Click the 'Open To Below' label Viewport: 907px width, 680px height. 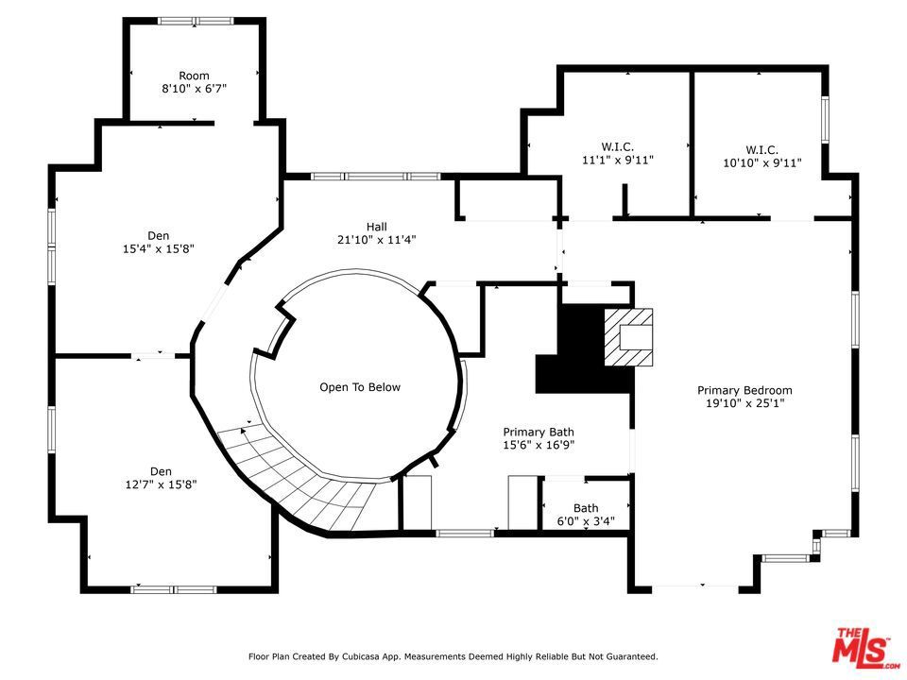(360, 387)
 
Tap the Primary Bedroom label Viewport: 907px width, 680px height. (744, 390)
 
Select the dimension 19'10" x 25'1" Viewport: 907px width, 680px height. (744, 403)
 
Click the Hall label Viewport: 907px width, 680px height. (377, 227)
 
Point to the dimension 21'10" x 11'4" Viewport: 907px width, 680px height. (377, 240)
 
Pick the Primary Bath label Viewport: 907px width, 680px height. (539, 432)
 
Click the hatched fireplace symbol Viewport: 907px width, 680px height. (629, 337)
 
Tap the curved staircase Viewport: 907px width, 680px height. (300, 480)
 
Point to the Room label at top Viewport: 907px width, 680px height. (194, 76)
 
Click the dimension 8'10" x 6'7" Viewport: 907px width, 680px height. (194, 89)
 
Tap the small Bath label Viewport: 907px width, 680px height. (586, 508)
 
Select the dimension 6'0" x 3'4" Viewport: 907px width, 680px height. (586, 521)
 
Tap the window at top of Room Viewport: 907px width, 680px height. (197, 21)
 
